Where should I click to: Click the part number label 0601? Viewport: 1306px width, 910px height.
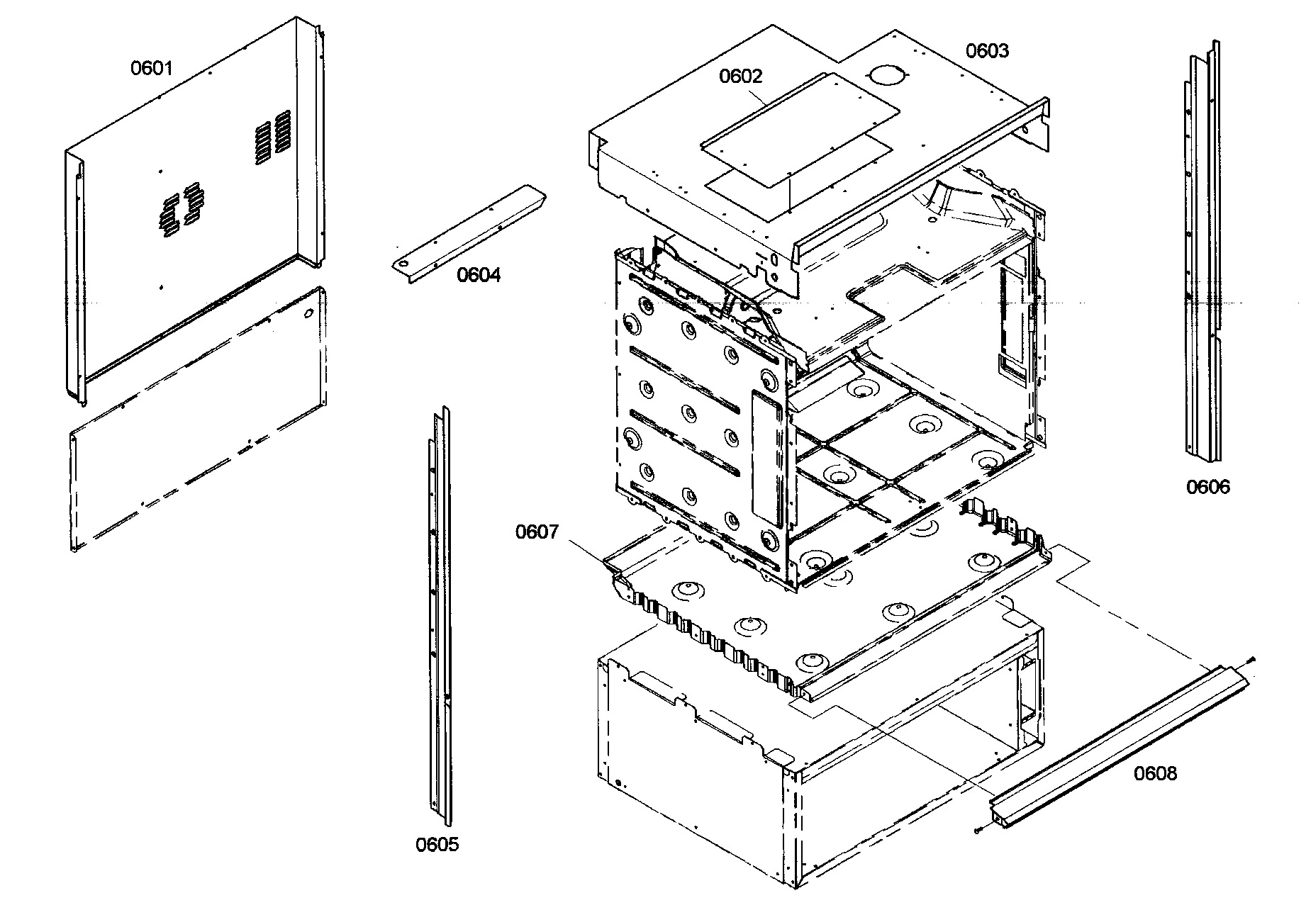pos(151,68)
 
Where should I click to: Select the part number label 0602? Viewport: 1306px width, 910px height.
pos(740,77)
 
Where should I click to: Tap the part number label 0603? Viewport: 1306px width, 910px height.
pos(987,51)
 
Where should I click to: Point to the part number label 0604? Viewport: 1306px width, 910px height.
pos(479,275)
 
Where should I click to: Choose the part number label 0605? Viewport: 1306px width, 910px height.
pos(437,844)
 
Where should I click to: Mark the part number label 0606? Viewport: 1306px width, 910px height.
pos(1208,487)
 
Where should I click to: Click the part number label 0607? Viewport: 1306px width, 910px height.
pos(537,532)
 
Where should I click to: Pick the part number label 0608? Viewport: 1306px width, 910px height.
pos(1155,774)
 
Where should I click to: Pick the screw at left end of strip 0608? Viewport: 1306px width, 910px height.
pos(977,831)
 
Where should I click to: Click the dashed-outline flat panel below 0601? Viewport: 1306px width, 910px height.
pos(199,418)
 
